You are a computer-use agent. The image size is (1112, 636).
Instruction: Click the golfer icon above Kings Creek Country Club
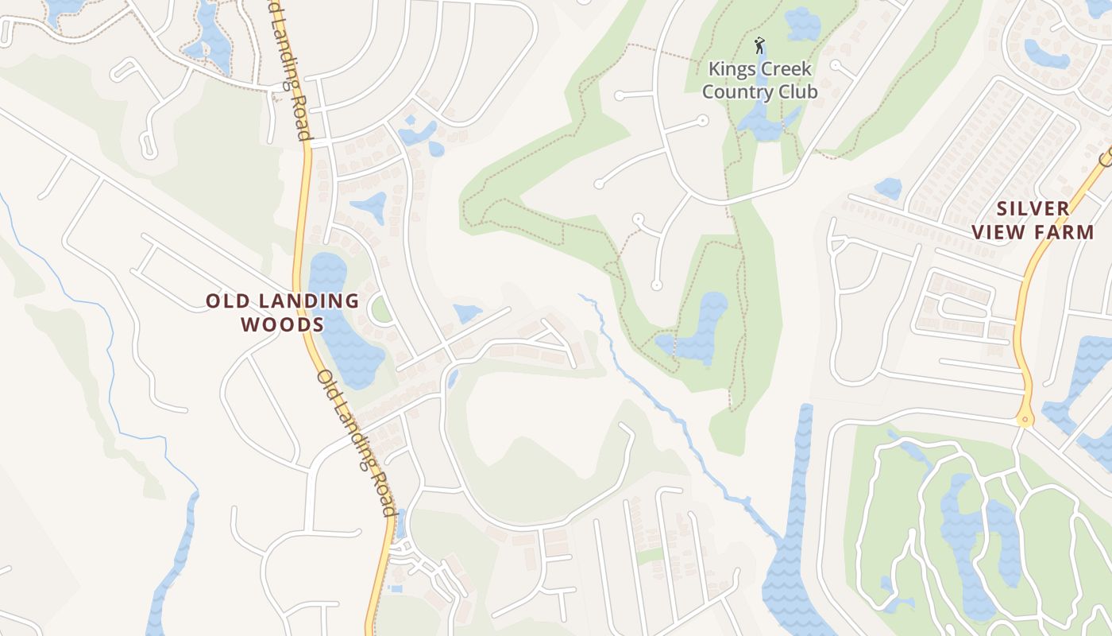click(x=759, y=45)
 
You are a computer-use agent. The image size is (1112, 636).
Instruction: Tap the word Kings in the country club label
click(x=730, y=69)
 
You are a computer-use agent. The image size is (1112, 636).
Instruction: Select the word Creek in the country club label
click(x=786, y=69)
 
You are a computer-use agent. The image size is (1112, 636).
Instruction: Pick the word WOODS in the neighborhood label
click(x=282, y=324)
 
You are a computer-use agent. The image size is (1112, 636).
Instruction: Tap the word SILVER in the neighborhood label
click(x=1033, y=209)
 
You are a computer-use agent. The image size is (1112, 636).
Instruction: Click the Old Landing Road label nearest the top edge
click(x=292, y=72)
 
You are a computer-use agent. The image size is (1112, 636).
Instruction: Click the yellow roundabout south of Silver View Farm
click(x=1025, y=419)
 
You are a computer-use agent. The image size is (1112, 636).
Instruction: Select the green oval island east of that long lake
click(x=381, y=308)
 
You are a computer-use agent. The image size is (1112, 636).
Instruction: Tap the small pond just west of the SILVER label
click(x=888, y=188)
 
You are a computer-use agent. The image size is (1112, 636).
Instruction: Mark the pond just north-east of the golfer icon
click(x=802, y=24)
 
